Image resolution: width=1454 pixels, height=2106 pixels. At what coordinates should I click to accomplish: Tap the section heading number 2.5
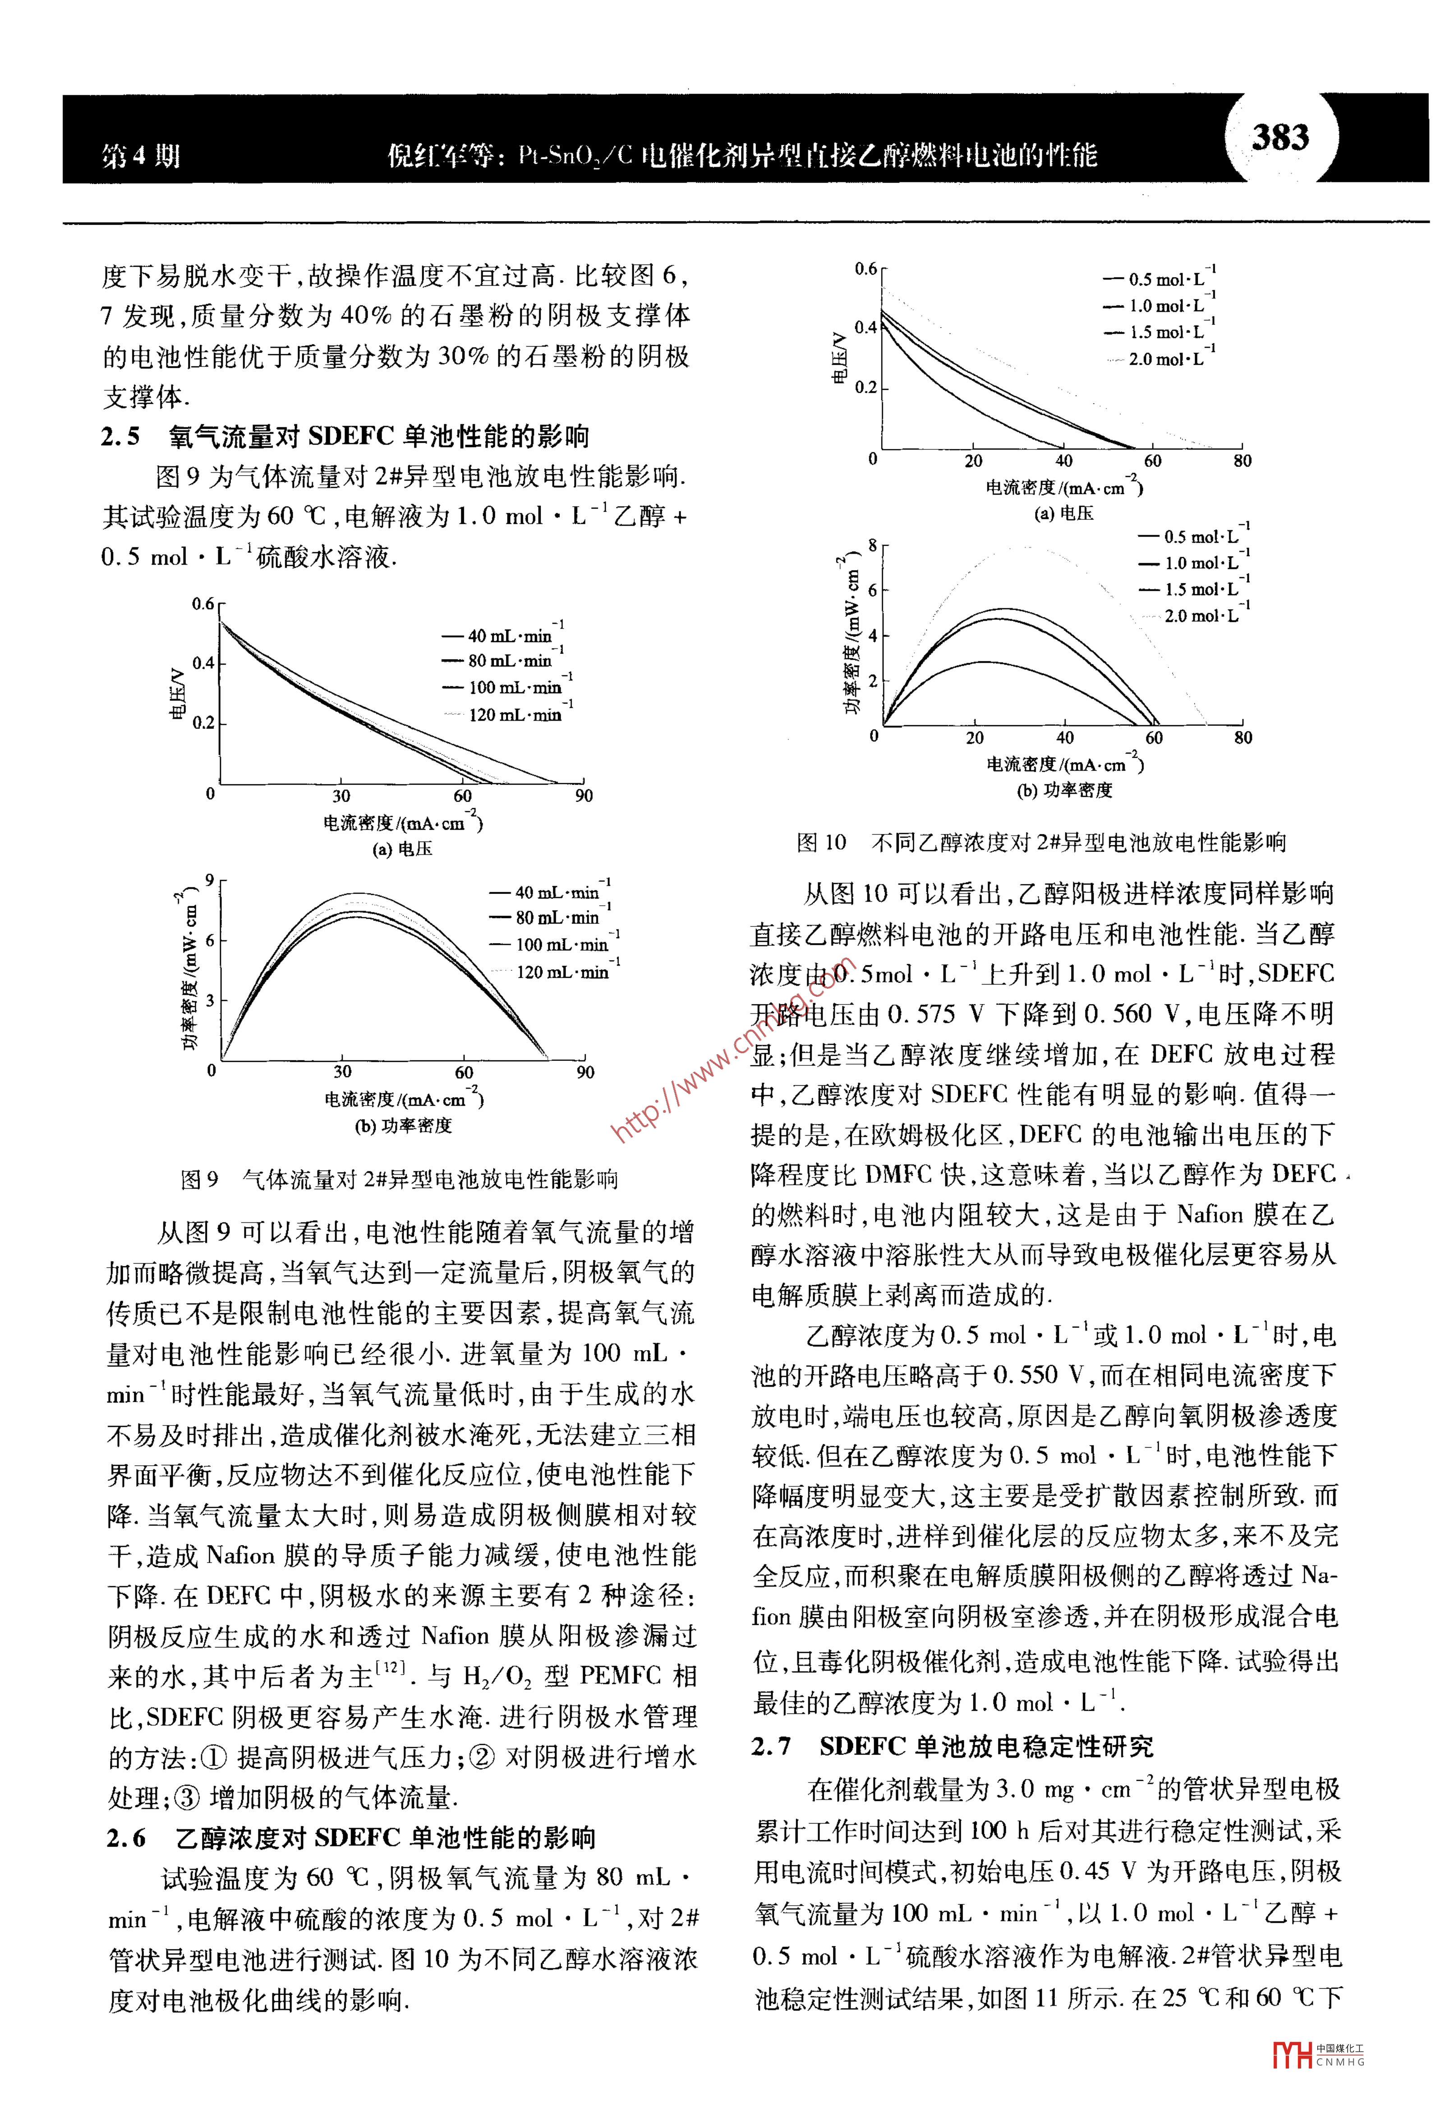121,437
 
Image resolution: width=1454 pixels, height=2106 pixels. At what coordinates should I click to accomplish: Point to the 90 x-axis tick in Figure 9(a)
584,796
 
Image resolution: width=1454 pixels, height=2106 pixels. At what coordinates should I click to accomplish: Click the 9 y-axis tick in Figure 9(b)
210,880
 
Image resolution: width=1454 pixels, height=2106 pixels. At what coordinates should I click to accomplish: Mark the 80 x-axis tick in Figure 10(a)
1242,461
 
